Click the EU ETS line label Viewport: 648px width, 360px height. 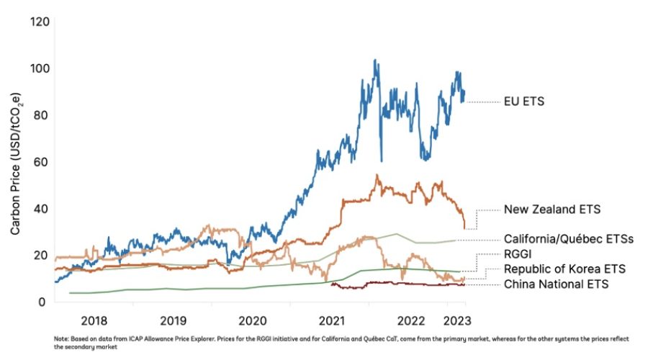(524, 102)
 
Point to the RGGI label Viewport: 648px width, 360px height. (519, 254)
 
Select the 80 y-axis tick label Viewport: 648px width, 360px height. (41, 115)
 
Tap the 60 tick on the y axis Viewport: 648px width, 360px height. (41, 162)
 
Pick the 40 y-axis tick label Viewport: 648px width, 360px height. (41, 209)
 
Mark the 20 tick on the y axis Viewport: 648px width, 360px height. (41, 256)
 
